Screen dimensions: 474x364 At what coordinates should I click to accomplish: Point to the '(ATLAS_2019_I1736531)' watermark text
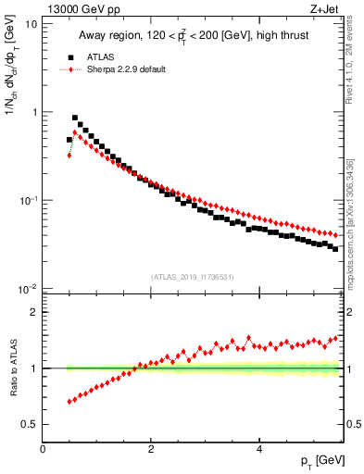[193, 276]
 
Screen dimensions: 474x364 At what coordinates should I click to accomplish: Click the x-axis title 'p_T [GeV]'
[321, 460]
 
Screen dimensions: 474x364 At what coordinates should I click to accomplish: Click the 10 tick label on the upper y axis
[31, 23]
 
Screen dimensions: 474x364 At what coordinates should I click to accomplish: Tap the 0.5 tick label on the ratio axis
[29, 424]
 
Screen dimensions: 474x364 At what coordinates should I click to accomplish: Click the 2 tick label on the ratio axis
[33, 312]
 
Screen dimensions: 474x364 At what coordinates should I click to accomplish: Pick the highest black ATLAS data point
[75, 118]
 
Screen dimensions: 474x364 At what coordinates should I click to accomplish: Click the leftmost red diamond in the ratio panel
[69, 402]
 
